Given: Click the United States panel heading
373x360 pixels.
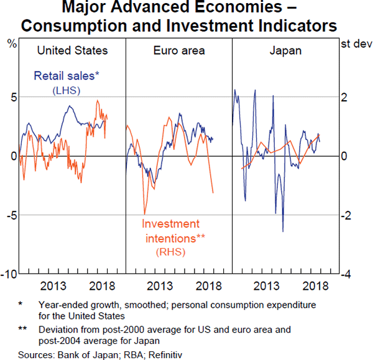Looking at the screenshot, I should coord(72,50).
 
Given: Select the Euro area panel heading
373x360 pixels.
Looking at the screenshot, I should coord(179,50).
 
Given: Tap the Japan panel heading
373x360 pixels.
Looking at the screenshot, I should coord(285,50).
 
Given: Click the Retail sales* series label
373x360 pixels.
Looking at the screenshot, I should coord(66,76).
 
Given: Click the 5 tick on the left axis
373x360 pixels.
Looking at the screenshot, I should coord(11,97).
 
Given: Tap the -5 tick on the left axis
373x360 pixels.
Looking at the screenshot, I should coord(9,215).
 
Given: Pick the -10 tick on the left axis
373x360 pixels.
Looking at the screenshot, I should coord(8,274).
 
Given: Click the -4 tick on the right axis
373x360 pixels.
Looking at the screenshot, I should coord(349,274).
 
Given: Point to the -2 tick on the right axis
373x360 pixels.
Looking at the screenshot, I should coord(349,215).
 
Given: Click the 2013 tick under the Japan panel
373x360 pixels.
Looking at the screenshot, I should coord(266,286).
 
